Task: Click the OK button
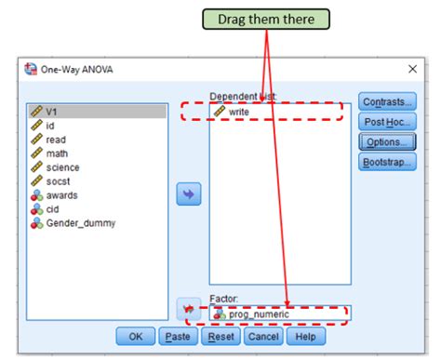click(136, 336)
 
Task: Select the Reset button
click(220, 336)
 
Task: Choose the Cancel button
click(263, 336)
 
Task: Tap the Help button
click(305, 336)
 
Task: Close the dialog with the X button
click(412, 69)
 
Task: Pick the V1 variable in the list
click(53, 111)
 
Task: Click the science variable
click(62, 167)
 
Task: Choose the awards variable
click(61, 195)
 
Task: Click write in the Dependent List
click(238, 111)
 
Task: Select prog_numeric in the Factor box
click(260, 313)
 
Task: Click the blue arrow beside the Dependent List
click(189, 193)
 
